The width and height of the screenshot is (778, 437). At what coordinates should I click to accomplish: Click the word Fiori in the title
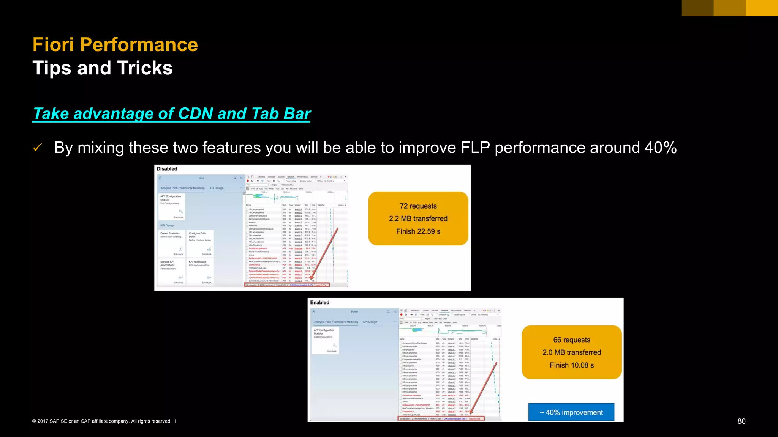coord(53,45)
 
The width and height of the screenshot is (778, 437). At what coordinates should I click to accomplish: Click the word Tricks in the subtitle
coord(145,68)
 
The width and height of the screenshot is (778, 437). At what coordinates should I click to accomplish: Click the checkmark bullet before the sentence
coord(37,148)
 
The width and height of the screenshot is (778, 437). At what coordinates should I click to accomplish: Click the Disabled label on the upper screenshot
coord(167,169)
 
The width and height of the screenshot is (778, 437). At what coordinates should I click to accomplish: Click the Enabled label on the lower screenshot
coord(319,302)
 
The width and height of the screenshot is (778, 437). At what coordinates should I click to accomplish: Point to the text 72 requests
coord(418,206)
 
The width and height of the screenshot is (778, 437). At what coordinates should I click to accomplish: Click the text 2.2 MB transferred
coord(418,218)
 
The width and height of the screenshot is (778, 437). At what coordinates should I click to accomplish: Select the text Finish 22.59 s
coord(418,231)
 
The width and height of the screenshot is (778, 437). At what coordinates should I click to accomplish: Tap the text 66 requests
coord(571,340)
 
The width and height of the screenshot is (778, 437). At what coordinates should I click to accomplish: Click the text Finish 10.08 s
coord(571,365)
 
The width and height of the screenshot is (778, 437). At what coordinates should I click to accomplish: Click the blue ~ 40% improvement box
coord(571,412)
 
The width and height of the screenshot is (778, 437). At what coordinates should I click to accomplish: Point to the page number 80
coord(741,421)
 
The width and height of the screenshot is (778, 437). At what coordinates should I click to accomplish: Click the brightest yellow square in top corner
coord(762,8)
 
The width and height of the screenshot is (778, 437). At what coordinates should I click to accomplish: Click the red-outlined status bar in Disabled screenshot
coord(287,285)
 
